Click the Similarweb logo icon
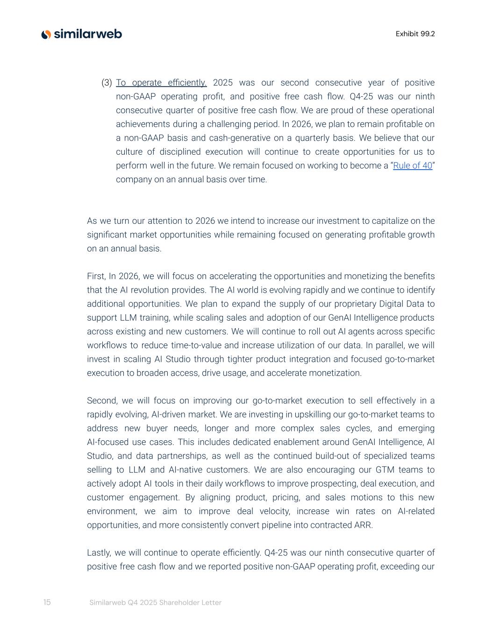46,34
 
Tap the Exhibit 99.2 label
415,34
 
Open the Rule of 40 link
413,165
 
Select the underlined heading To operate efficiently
161,83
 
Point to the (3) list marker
107,83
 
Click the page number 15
47,602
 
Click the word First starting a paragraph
96,276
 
